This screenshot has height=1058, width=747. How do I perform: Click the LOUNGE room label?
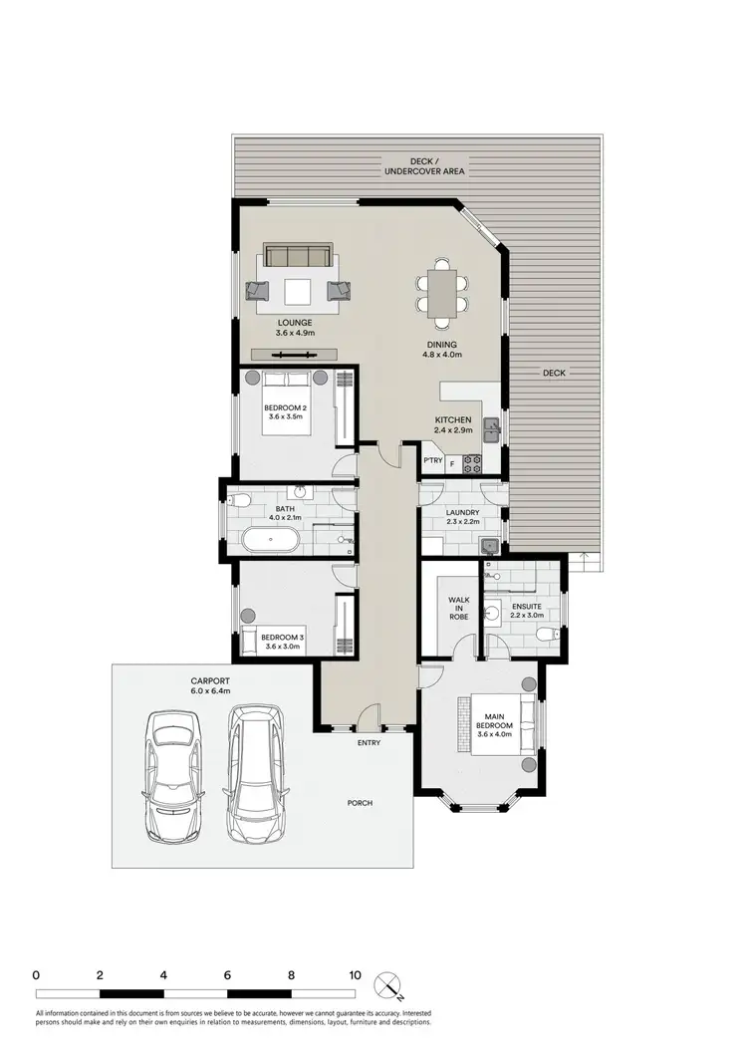(296, 322)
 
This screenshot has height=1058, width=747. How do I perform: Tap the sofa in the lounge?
(296, 256)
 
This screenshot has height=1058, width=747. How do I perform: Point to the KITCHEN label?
(452, 419)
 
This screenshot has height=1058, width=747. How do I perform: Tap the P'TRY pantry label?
(432, 461)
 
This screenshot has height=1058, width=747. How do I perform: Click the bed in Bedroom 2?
(289, 402)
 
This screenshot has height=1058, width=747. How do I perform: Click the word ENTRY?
(370, 743)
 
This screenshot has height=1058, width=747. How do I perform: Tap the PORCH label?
(360, 803)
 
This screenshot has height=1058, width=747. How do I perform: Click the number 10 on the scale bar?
(355, 974)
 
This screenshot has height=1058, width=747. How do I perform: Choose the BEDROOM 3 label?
(282, 638)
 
